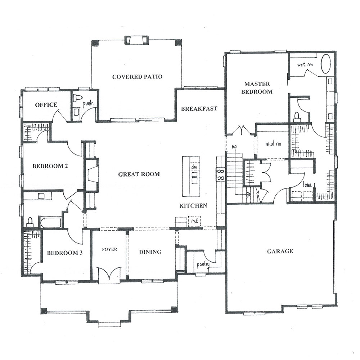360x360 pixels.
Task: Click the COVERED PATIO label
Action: tap(137, 76)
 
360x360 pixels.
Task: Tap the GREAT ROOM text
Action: tap(139, 174)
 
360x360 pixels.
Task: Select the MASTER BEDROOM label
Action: tap(257, 88)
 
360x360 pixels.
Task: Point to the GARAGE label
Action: tap(280, 251)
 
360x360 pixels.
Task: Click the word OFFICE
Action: tap(46, 105)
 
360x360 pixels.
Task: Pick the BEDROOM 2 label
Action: tap(50, 166)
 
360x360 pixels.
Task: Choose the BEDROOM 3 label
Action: tap(65, 253)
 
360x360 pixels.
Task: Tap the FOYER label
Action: tap(109, 249)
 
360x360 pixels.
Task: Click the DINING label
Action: tap(150, 252)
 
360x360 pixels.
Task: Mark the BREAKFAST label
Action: tap(199, 108)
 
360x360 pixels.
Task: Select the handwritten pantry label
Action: tap(203, 265)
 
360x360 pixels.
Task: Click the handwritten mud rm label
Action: tap(273, 144)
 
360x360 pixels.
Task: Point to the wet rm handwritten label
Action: tap(305, 65)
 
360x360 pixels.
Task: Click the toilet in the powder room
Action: tap(77, 98)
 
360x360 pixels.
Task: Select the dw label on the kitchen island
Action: tap(194, 167)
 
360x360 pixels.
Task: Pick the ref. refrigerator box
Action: tap(194, 222)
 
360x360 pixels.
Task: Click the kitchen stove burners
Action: tap(221, 175)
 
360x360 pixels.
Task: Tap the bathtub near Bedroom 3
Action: tap(50, 222)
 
